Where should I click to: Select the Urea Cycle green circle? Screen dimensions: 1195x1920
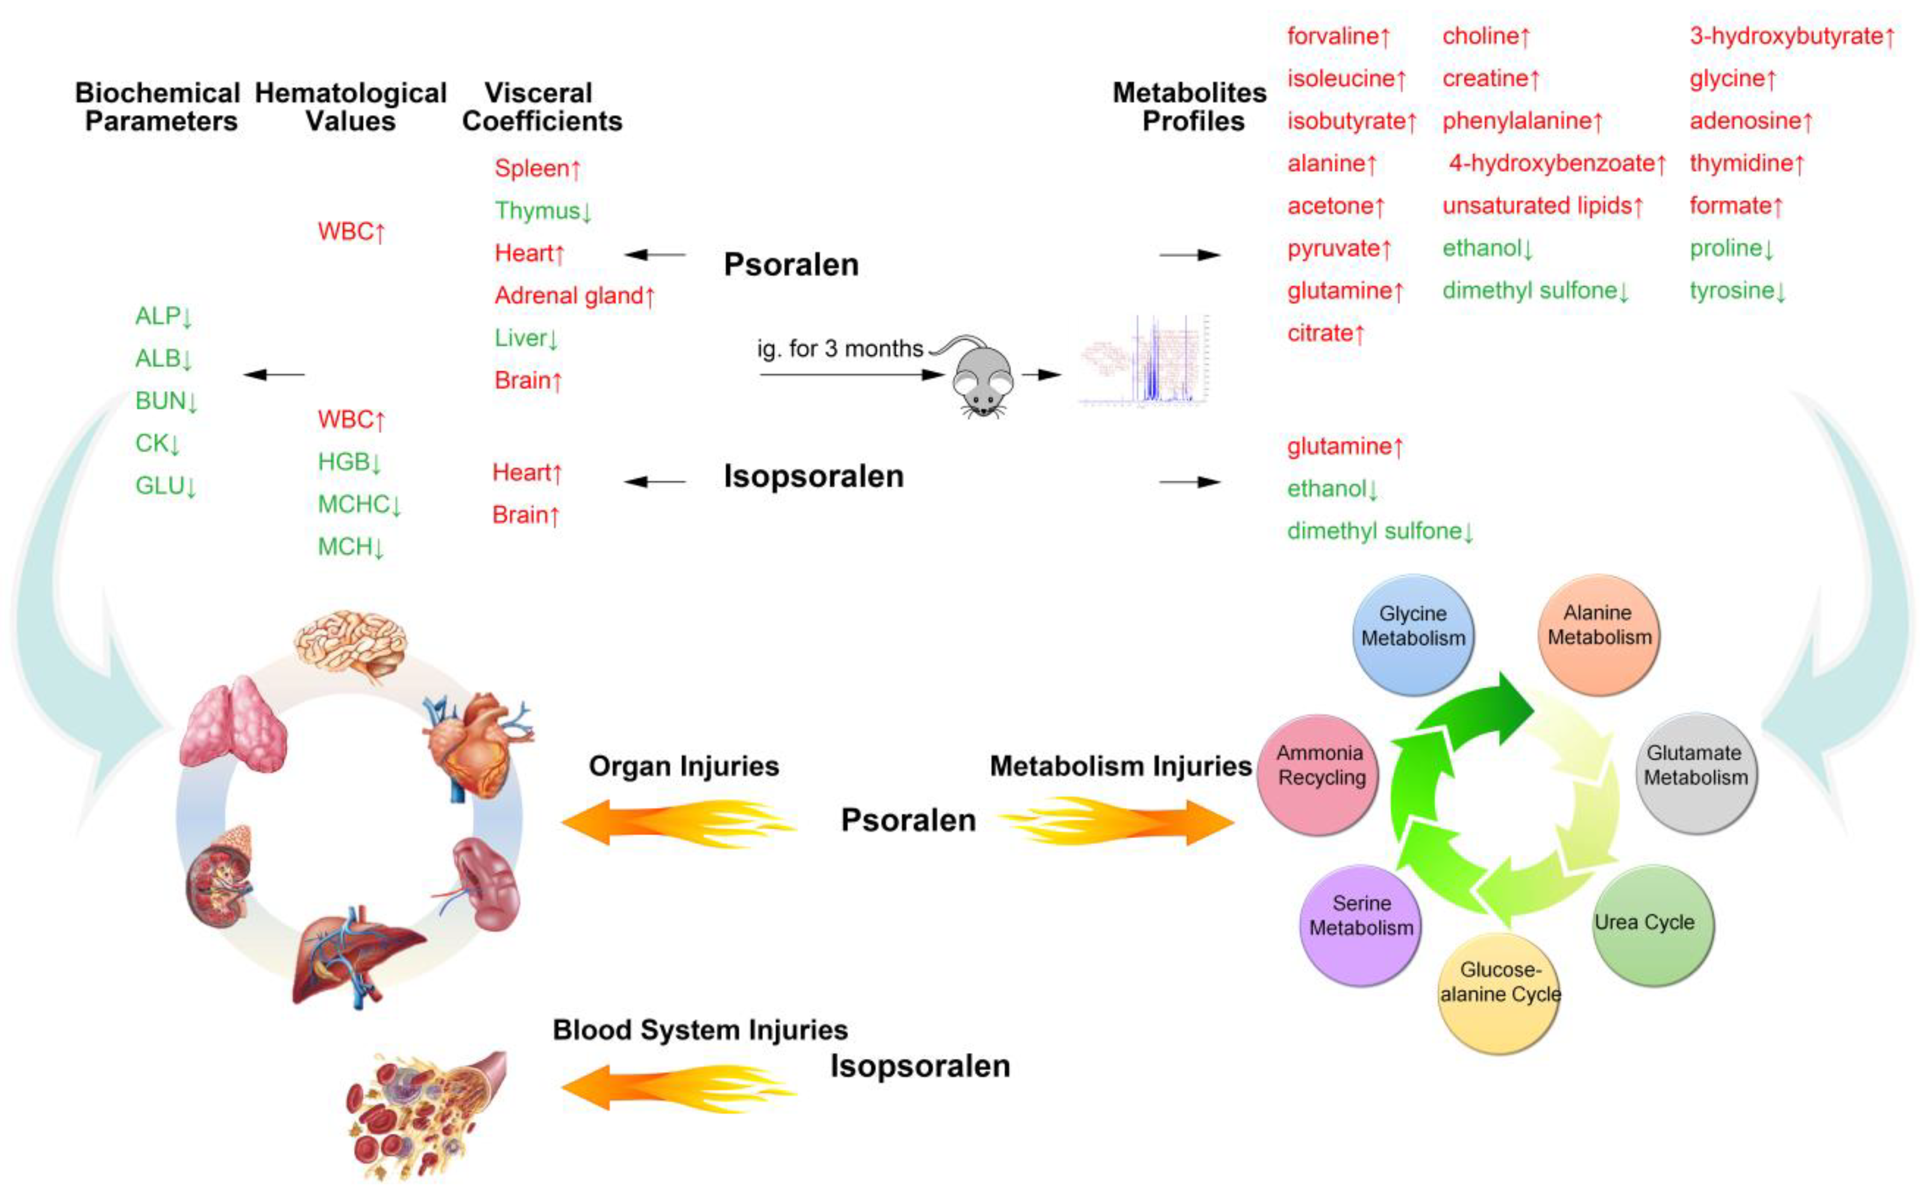(1653, 925)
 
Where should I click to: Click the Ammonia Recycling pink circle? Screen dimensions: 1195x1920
(1318, 775)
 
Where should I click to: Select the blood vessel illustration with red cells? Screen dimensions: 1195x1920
(427, 1114)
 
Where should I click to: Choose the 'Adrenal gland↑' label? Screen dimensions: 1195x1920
(574, 296)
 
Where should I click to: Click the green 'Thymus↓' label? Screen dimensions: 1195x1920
(543, 211)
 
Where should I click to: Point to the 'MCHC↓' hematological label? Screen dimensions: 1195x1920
(359, 504)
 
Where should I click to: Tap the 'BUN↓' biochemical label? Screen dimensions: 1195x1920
(166, 400)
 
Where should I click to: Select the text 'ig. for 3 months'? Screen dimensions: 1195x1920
(840, 349)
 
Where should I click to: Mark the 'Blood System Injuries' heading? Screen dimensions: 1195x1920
(699, 1030)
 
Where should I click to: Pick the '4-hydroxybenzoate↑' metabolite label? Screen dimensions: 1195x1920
(1557, 164)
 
